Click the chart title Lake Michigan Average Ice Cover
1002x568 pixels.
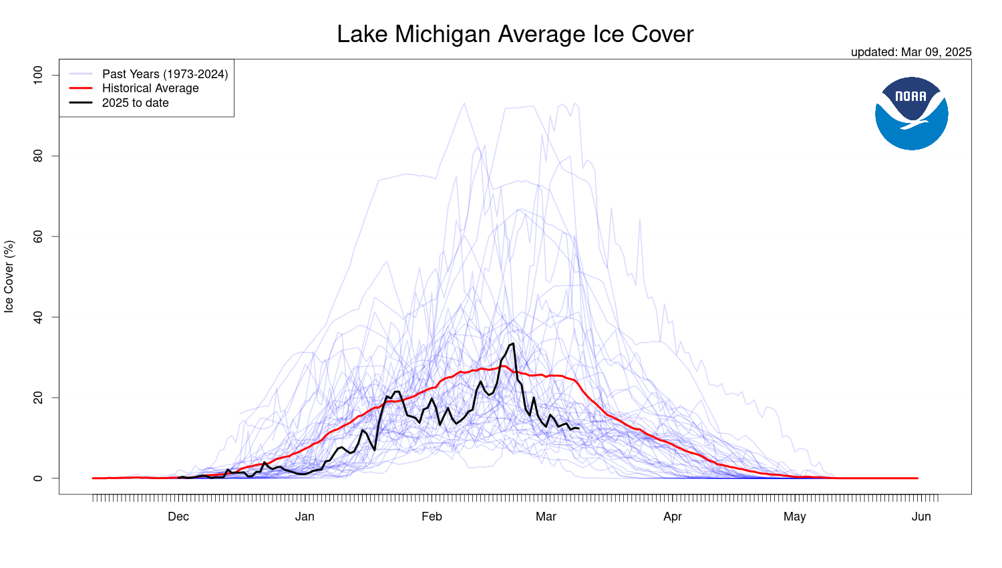pyautogui.click(x=515, y=34)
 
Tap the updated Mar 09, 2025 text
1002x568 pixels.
pyautogui.click(x=910, y=52)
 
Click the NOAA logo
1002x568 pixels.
pyautogui.click(x=911, y=113)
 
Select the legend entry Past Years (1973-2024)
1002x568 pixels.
pyautogui.click(x=164, y=74)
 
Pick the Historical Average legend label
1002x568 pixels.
pyautogui.click(x=150, y=88)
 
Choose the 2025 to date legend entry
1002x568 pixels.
pyautogui.click(x=135, y=103)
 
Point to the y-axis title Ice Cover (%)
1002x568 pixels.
pyautogui.click(x=9, y=277)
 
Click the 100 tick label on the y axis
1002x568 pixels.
pyautogui.click(x=38, y=74)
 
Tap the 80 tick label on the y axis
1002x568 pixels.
pyautogui.click(x=38, y=156)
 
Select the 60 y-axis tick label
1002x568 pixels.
pyautogui.click(x=38, y=237)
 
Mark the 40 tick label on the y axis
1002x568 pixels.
pyautogui.click(x=38, y=317)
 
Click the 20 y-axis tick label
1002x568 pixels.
pyautogui.click(x=38, y=398)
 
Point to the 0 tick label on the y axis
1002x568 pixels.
pyautogui.click(x=38, y=478)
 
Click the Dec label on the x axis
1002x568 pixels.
pyautogui.click(x=178, y=517)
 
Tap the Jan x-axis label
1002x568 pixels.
pyautogui.click(x=305, y=517)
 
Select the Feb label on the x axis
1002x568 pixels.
pyautogui.click(x=432, y=517)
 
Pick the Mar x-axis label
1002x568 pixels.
pyautogui.click(x=546, y=517)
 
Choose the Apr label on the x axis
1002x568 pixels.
pyautogui.click(x=673, y=517)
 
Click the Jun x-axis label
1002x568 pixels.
pyautogui.click(x=921, y=517)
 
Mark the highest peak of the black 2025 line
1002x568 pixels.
pyautogui.click(x=512, y=343)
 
